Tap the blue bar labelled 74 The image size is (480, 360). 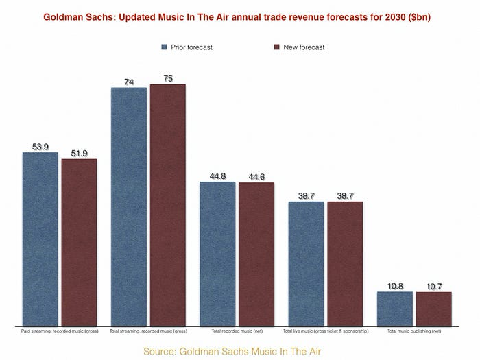128,206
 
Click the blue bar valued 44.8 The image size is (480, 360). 217,253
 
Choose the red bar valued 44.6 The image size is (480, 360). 256,254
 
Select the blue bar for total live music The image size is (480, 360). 306,263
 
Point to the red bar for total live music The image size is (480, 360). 345,263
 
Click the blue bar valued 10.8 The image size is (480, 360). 395,308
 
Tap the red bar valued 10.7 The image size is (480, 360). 434,309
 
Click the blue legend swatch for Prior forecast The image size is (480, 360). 164,47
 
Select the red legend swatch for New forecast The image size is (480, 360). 276,47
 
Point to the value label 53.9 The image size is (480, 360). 40,147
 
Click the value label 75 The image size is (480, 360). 168,79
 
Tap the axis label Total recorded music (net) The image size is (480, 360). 237,331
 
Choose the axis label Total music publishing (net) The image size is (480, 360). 414,331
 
